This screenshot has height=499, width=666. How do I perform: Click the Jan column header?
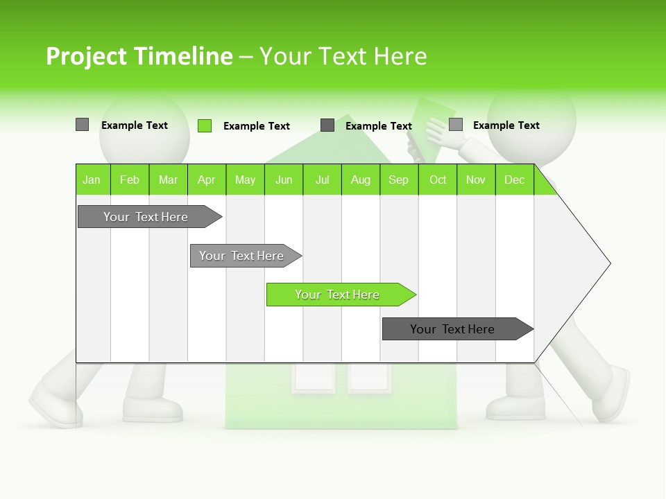(92, 180)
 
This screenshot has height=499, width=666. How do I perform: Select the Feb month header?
(130, 180)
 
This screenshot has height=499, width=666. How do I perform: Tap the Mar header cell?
(168, 180)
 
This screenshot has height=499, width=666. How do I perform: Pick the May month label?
(245, 180)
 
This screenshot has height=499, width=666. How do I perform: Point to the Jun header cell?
(284, 180)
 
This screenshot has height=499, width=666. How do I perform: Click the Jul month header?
(322, 180)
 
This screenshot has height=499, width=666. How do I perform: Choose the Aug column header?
(361, 180)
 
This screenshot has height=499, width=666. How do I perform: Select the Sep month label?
(399, 180)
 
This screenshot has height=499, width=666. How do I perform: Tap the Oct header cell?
(438, 180)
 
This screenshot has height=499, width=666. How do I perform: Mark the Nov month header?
(476, 180)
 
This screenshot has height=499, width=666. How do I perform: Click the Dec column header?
(515, 180)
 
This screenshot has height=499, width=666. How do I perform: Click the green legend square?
(205, 125)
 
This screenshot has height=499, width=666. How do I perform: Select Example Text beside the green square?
(257, 126)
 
